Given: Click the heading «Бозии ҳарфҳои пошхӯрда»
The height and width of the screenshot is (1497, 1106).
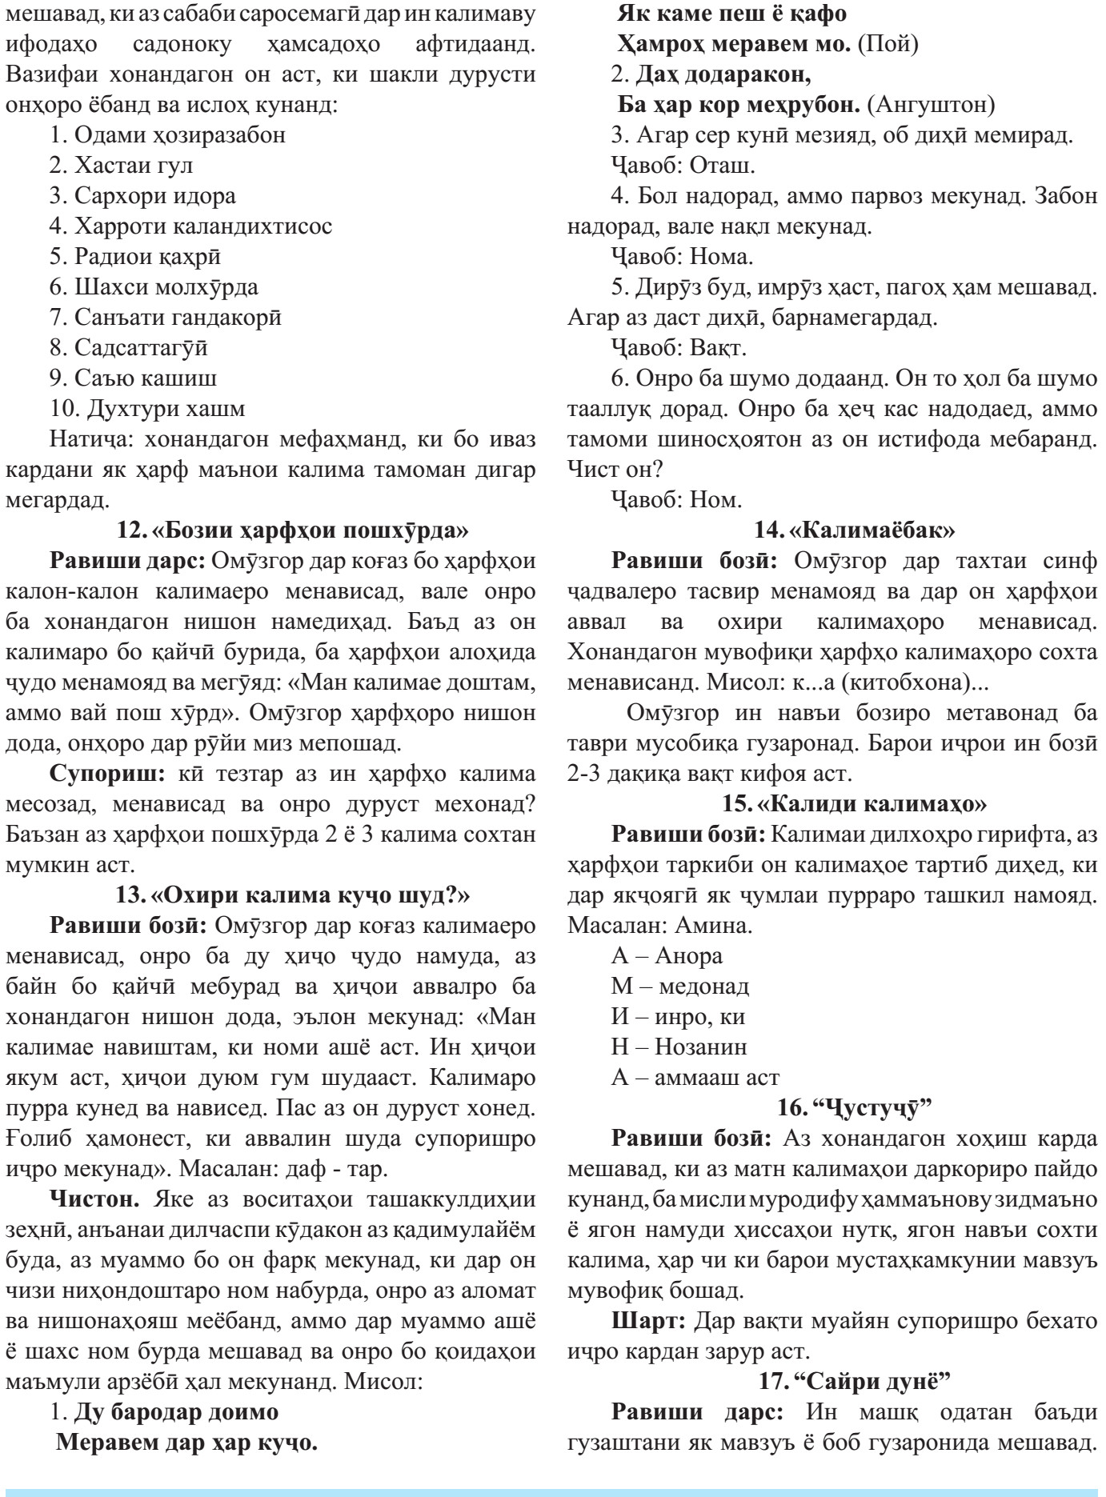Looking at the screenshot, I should click(x=293, y=530).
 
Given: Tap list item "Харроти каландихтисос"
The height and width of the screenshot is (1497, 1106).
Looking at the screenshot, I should click(x=190, y=226).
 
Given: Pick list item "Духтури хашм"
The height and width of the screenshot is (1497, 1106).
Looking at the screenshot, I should click(x=147, y=408).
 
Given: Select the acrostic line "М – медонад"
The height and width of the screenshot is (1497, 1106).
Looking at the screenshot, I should click(x=680, y=986).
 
